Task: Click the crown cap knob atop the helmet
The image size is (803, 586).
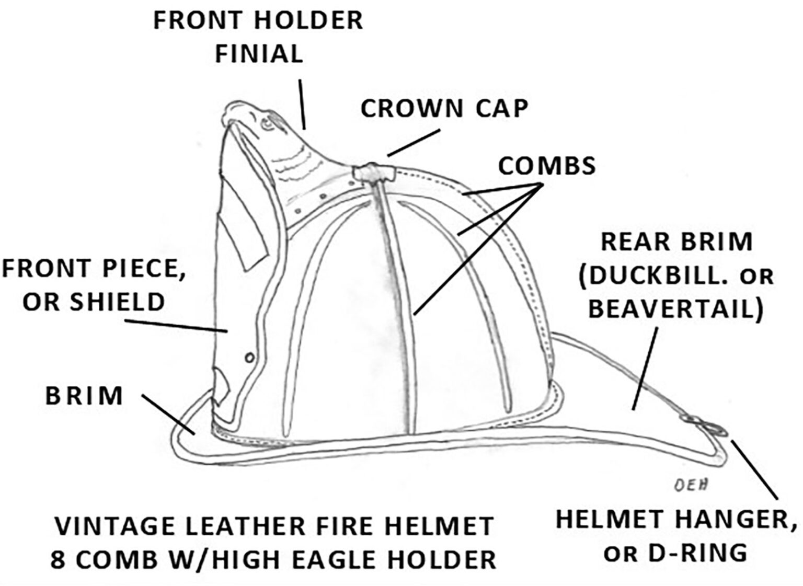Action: tap(371, 173)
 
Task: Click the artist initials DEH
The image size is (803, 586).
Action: tap(690, 485)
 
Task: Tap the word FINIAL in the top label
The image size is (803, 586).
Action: tap(259, 54)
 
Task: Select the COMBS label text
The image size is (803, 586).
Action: tap(546, 166)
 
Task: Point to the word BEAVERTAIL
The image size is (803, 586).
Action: tap(675, 309)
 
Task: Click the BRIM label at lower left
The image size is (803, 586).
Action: tap(84, 396)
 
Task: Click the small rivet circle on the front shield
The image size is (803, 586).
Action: tap(249, 357)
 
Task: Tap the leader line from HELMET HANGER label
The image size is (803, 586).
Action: tap(756, 470)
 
